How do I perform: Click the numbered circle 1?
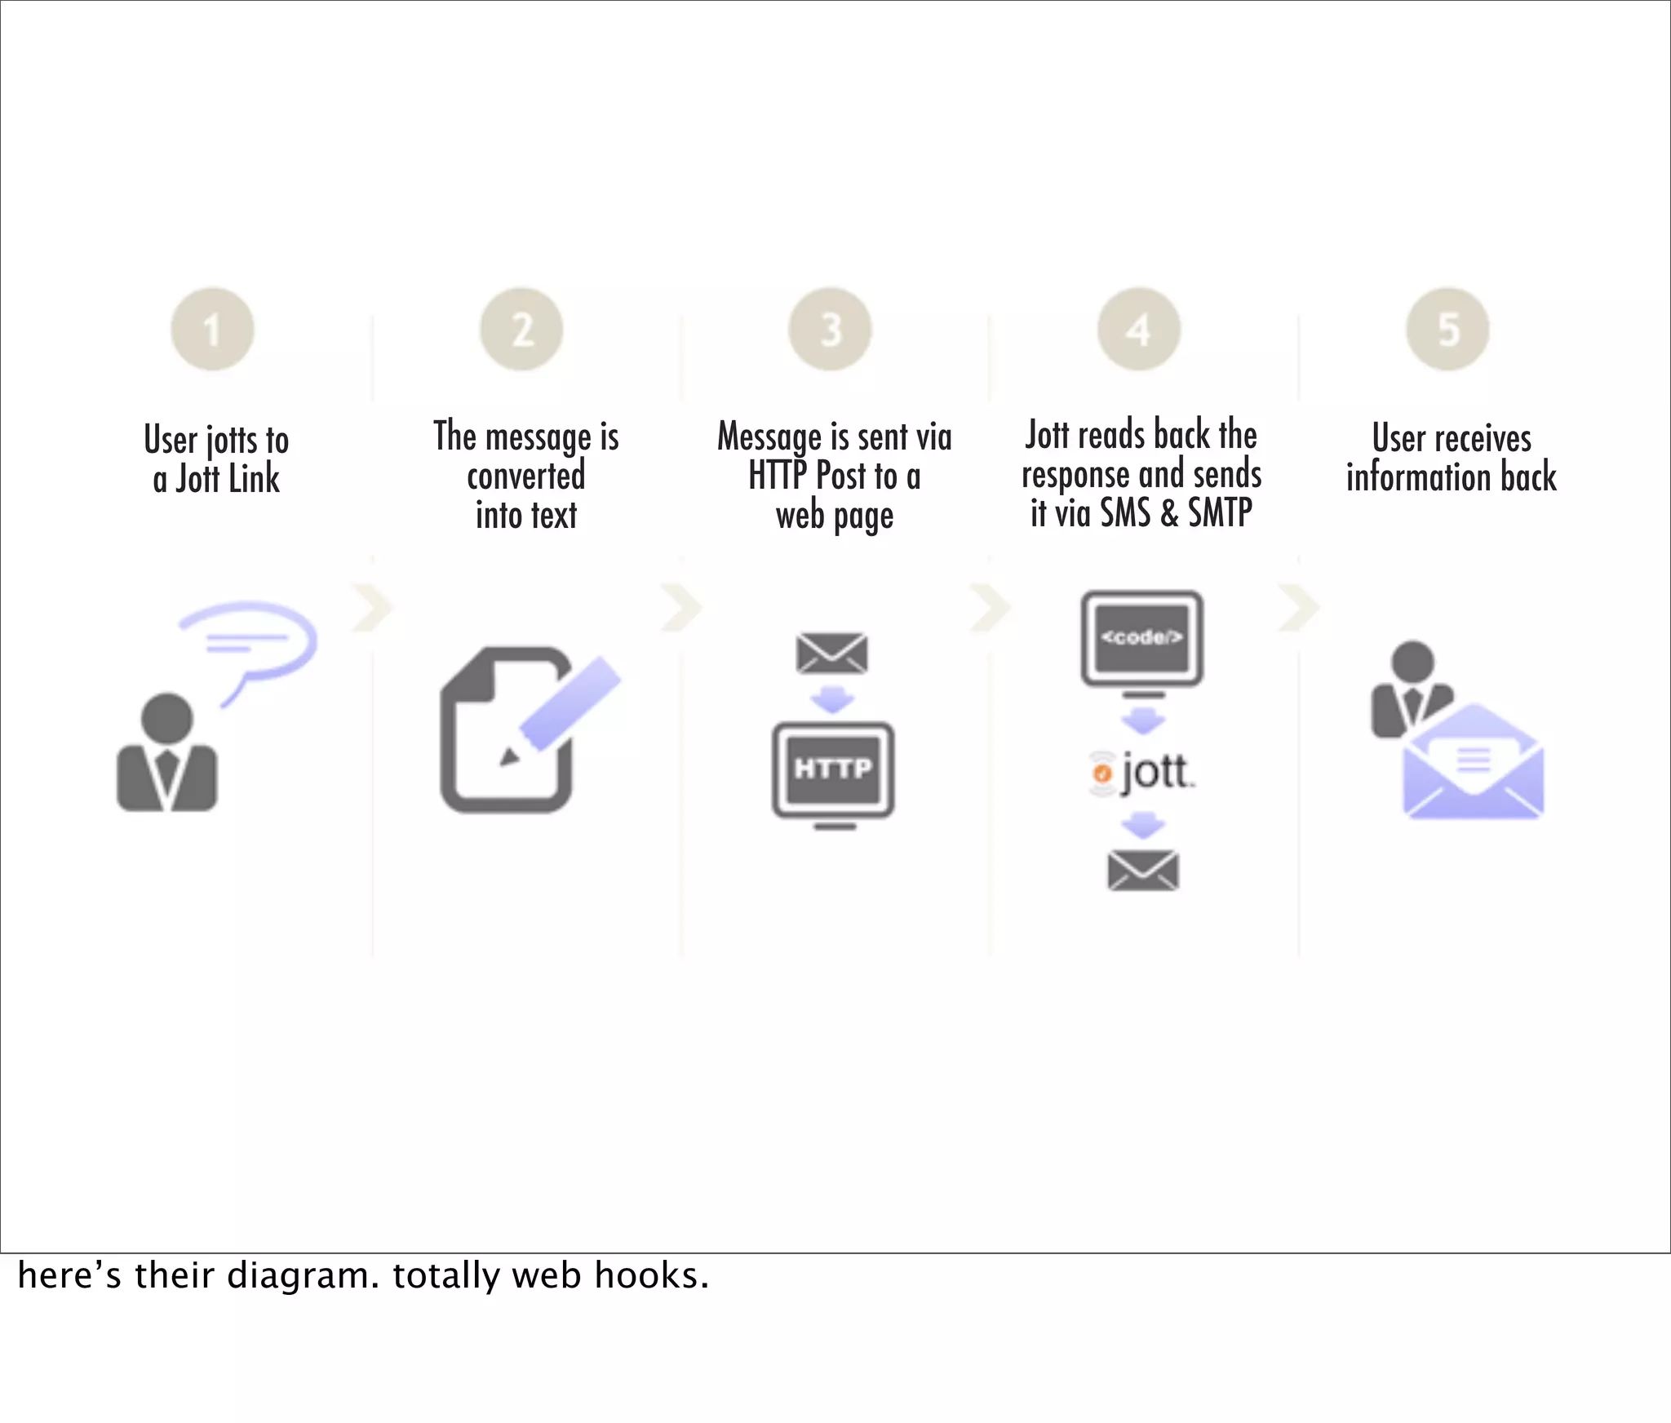tap(212, 330)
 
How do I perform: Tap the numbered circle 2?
tap(521, 330)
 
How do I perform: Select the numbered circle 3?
tap(830, 330)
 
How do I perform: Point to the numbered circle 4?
tap(1139, 330)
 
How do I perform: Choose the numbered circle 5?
tap(1447, 330)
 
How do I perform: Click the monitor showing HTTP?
tap(833, 770)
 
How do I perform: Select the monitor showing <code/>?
tap(1141, 639)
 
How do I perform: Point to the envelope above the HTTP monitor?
tap(831, 653)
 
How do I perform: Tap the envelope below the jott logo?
tap(1142, 870)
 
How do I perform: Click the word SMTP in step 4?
tap(1220, 513)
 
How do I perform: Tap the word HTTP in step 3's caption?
tap(778, 476)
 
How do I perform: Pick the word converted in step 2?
tap(526, 476)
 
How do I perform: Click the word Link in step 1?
tap(254, 479)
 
